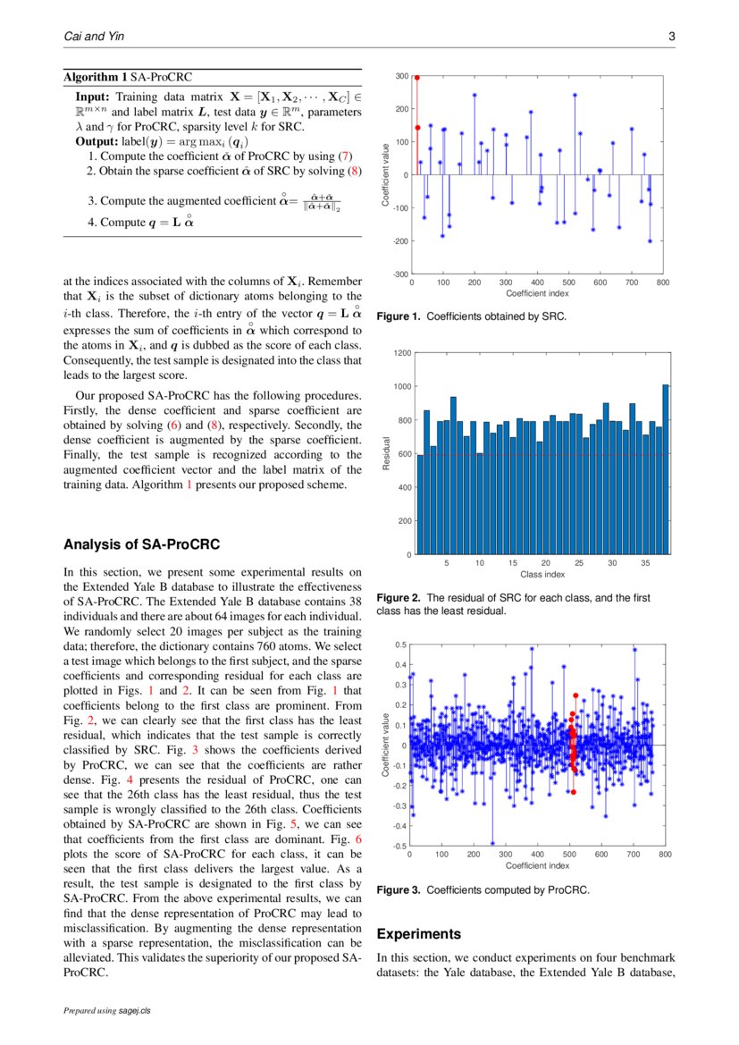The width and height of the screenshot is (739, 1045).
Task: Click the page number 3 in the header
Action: coord(671,37)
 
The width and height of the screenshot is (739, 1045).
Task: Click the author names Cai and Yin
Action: coord(91,37)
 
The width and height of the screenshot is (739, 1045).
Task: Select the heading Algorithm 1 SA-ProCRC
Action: coord(127,78)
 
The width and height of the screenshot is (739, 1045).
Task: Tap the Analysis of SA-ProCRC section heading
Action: coord(142,544)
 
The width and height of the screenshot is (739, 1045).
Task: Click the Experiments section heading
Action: coord(419,934)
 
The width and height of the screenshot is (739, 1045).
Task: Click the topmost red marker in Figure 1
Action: coord(417,78)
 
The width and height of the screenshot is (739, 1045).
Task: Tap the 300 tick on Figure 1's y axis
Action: coord(403,77)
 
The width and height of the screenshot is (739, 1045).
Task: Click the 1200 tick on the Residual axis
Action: coord(401,353)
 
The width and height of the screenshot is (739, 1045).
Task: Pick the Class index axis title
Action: coord(542,574)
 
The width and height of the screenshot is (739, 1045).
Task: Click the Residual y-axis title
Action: coord(386,453)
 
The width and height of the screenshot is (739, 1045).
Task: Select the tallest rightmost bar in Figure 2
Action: coord(666,469)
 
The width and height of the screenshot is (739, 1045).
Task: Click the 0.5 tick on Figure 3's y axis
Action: coord(402,645)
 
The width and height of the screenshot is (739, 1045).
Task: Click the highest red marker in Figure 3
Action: coord(576,695)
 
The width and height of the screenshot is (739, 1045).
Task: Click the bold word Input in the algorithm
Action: coord(92,97)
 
